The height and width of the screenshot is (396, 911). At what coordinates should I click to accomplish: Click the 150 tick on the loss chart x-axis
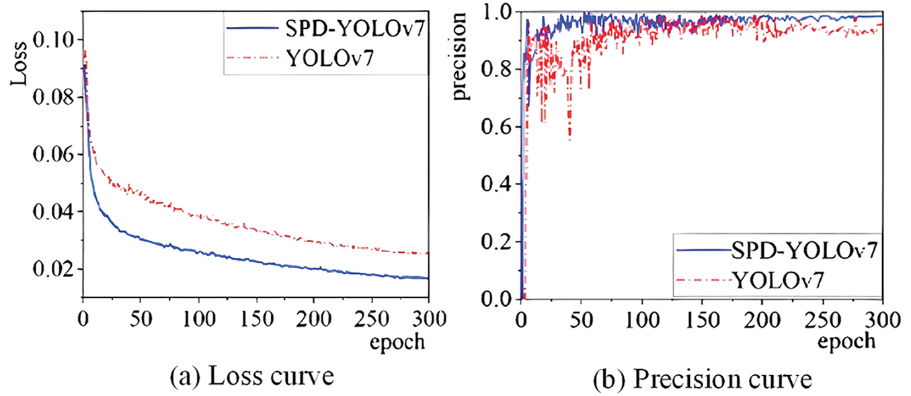tap(255, 317)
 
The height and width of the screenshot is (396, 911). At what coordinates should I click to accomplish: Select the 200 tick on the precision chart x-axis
tap(762, 317)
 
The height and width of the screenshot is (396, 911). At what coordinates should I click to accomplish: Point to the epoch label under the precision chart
tap(846, 340)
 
